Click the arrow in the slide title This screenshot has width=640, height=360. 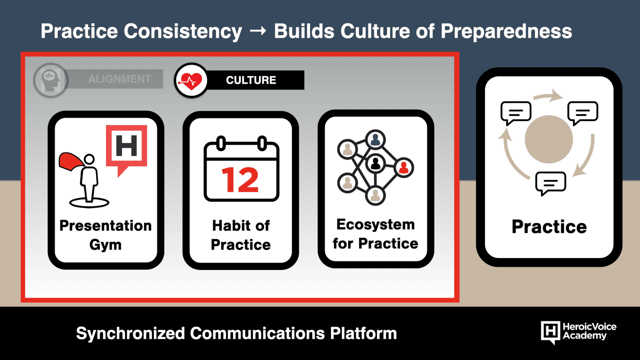click(258, 31)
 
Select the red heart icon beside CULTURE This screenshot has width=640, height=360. click(190, 80)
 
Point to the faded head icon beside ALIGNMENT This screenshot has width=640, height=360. click(50, 80)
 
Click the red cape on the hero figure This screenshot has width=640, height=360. click(72, 162)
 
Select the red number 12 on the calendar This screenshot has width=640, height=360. click(240, 180)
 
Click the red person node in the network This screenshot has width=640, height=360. click(404, 168)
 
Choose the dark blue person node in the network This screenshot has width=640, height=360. click(376, 140)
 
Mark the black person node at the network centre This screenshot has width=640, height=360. click(376, 164)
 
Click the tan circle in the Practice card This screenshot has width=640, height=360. click(548, 140)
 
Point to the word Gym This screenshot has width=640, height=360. click(106, 244)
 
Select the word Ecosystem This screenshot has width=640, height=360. click(376, 224)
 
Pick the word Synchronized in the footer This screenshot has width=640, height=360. click(130, 334)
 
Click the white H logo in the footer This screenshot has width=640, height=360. click(550, 332)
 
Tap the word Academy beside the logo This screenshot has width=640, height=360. click(584, 336)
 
